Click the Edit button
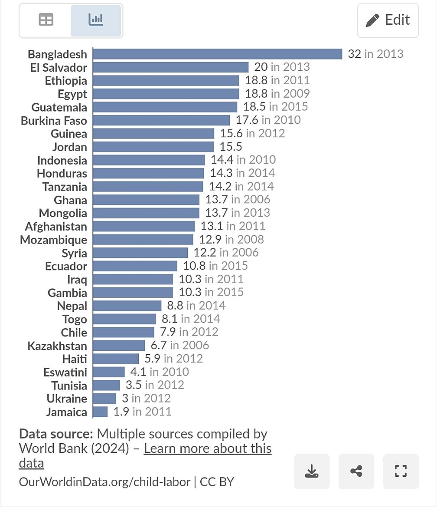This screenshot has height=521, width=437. tap(388, 20)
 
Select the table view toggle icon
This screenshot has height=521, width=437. tap(46, 20)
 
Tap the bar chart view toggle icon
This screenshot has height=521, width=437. tap(96, 20)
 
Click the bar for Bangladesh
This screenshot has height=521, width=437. tap(217, 54)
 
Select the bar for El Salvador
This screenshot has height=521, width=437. tap(170, 67)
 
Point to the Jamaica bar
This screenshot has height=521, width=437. tap(100, 412)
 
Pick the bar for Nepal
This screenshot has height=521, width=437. tap(127, 306)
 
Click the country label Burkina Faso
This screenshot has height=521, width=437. tap(54, 121)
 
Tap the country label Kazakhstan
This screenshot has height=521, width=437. tap(57, 346)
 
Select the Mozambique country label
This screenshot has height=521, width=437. tap(53, 240)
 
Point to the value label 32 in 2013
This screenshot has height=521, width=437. tap(375, 54)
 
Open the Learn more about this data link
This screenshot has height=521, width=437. tap(208, 448)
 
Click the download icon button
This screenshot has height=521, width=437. tap(312, 471)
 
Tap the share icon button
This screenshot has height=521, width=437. tap(356, 471)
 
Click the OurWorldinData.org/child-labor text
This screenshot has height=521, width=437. tap(104, 482)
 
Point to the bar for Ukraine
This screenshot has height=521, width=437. tap(104, 399)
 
